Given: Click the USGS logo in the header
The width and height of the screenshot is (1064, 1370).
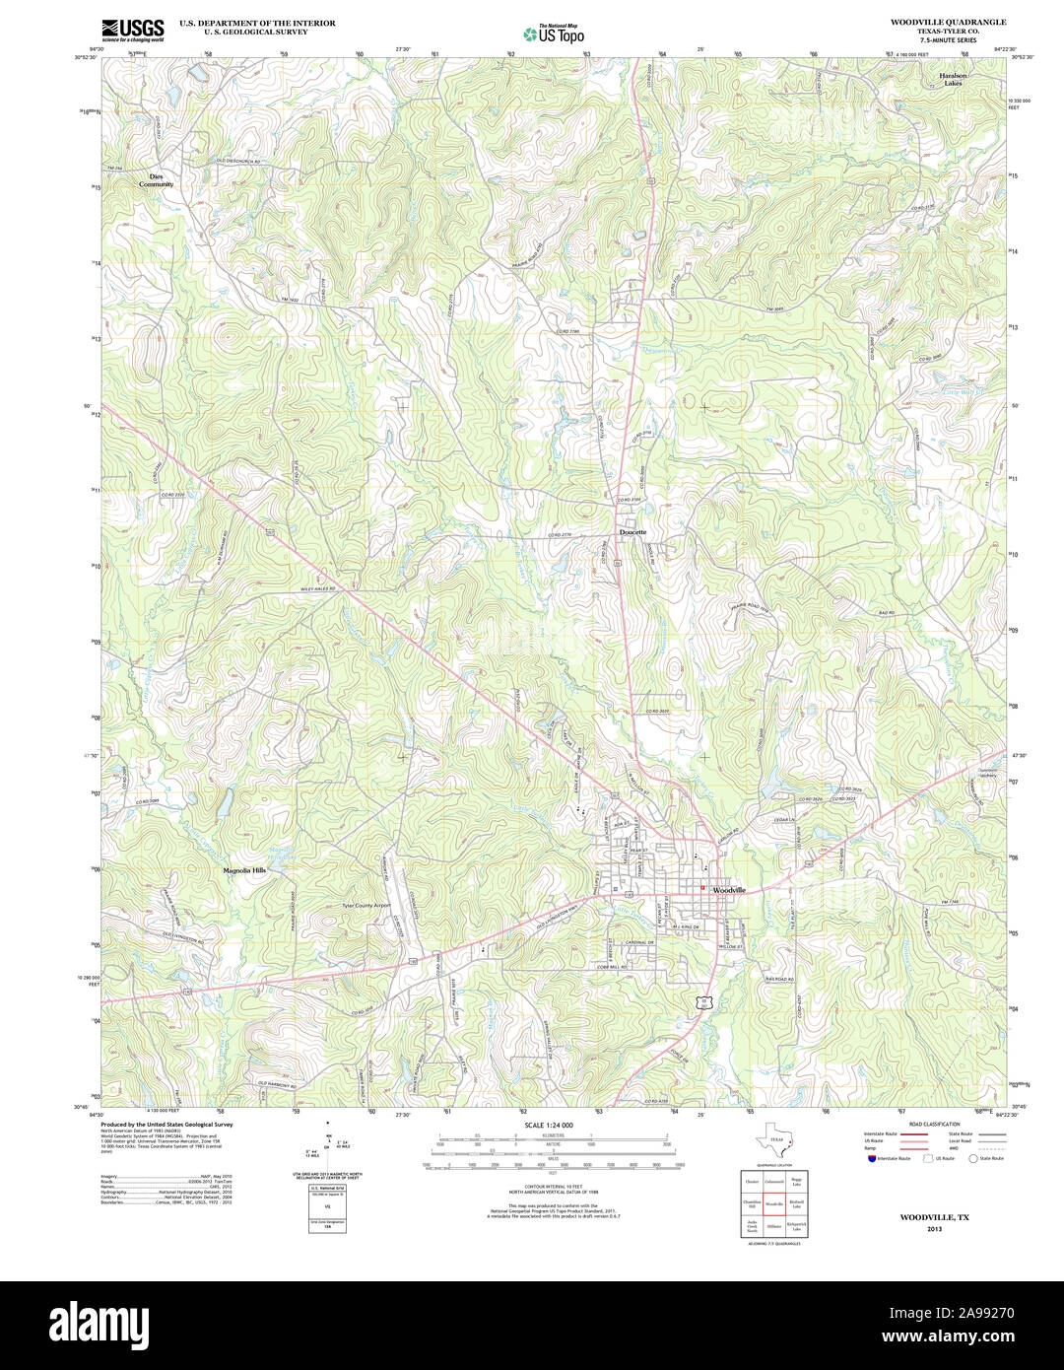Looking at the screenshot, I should [132, 30].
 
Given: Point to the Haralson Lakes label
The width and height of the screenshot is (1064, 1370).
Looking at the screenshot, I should [953, 80].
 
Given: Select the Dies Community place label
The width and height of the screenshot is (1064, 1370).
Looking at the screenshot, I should [156, 180].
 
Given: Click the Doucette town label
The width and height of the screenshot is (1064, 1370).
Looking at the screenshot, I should [633, 532].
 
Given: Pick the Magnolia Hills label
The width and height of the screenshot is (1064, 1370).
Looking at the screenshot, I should [244, 870].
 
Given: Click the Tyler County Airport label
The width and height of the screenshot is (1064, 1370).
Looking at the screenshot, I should [366, 904].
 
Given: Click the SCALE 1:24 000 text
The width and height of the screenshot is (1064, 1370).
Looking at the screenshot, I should [549, 1125].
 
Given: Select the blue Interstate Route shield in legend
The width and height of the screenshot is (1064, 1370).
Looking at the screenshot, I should [872, 1158].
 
